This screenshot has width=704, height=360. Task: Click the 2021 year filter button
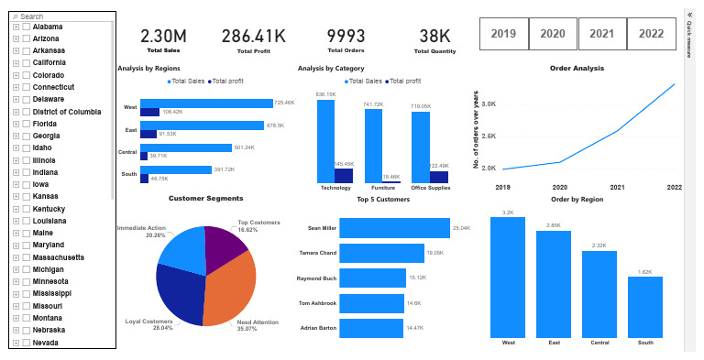coord(602,33)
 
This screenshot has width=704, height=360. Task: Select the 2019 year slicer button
coord(503,33)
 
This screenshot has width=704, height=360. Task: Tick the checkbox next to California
coord(27,63)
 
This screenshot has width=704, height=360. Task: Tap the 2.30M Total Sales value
coord(164,37)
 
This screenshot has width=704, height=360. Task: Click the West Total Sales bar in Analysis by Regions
coord(206,104)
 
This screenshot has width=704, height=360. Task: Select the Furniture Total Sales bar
coord(373,146)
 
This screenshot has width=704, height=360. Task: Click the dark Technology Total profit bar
coord(344,176)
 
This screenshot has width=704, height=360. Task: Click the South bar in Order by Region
coord(645,307)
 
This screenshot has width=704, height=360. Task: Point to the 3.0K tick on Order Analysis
coord(489,104)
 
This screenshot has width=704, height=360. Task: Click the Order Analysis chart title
coord(577,68)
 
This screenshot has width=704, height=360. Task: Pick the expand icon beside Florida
coord(16,123)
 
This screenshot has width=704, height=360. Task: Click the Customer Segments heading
coord(206,198)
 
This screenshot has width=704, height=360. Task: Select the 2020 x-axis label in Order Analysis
coord(560,187)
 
